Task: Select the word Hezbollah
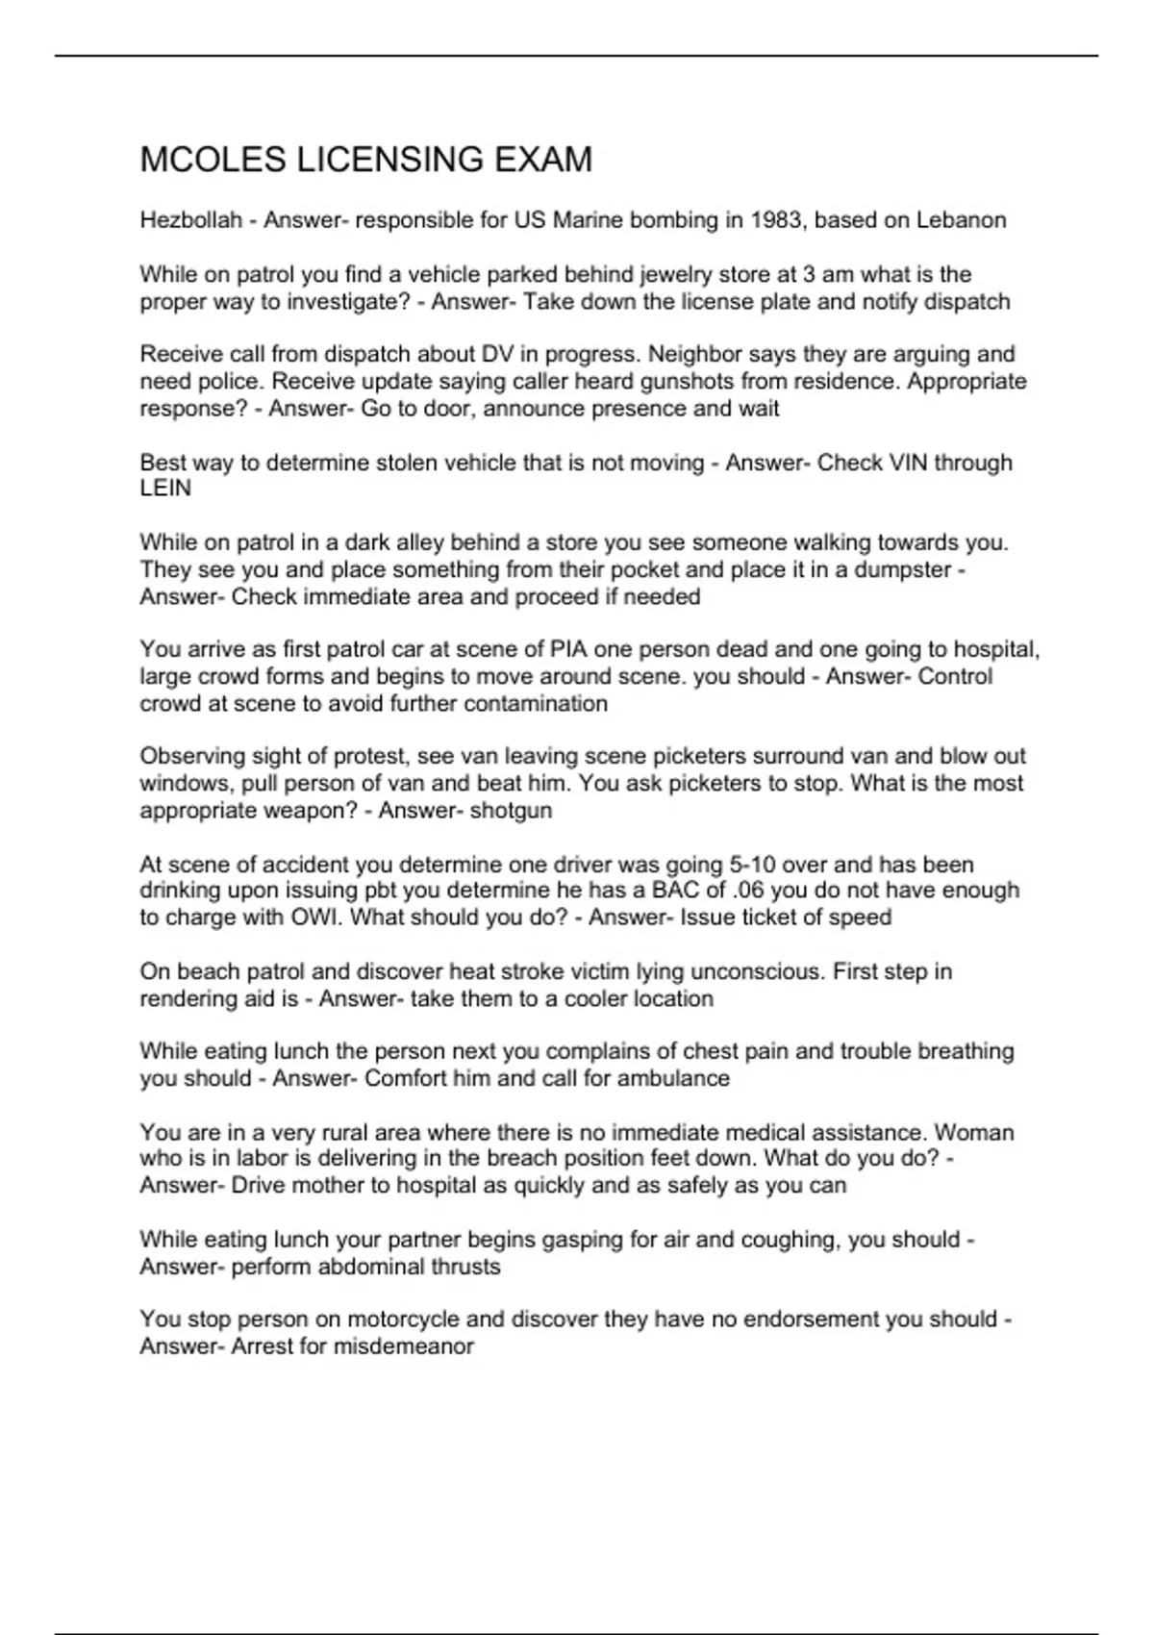(190, 220)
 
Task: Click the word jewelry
(667, 274)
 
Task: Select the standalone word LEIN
(165, 489)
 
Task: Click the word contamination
(536, 704)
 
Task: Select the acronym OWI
(315, 918)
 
